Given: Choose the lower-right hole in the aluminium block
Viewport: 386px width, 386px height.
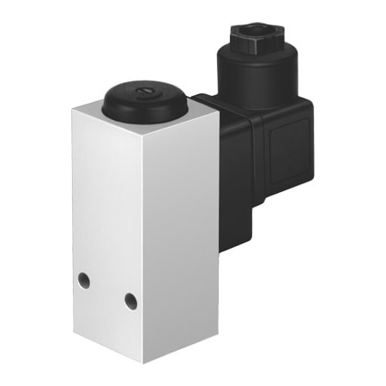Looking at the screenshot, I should pyautogui.click(x=130, y=300).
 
